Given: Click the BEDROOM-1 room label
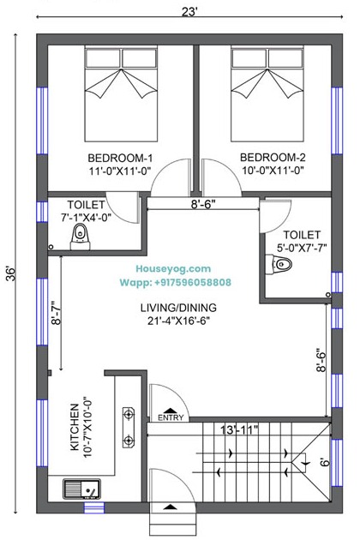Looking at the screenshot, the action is pyautogui.click(x=120, y=158).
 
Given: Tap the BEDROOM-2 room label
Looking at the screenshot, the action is pyautogui.click(x=273, y=158).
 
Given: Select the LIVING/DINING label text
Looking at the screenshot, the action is pyautogui.click(x=178, y=307).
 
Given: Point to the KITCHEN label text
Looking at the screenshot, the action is pyautogui.click(x=75, y=427).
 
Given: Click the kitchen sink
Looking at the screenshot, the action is pyautogui.click(x=81, y=489).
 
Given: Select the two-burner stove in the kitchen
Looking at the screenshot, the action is pyautogui.click(x=129, y=427).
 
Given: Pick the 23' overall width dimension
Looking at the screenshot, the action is pyautogui.click(x=189, y=12).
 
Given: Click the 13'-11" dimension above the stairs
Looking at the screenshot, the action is pyautogui.click(x=239, y=429).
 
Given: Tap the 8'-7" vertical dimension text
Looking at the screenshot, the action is pyautogui.click(x=56, y=313).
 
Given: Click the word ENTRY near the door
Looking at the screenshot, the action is pyautogui.click(x=171, y=417).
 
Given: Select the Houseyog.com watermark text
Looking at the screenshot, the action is pyautogui.click(x=173, y=268).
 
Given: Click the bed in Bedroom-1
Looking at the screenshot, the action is pyautogui.click(x=121, y=94).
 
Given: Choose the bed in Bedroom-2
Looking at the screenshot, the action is pyautogui.click(x=267, y=94).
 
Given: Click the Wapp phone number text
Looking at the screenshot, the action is pyautogui.click(x=176, y=282).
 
